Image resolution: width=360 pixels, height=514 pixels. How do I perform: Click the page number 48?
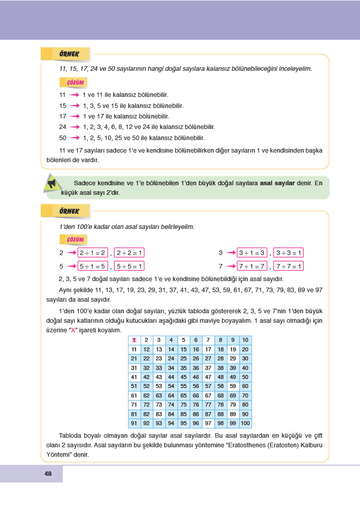48,473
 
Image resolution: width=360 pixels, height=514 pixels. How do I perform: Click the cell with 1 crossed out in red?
134,340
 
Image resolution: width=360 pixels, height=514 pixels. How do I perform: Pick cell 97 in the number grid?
208,423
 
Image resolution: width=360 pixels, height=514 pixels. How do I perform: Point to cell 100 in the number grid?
245,423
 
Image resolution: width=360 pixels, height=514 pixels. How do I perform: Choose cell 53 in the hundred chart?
159,386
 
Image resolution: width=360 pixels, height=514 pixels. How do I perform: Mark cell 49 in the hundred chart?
232,377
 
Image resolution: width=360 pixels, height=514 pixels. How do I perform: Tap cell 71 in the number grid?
134,405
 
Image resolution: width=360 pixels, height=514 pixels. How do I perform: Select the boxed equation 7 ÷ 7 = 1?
290,266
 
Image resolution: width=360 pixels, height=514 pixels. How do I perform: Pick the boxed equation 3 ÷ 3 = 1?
290,253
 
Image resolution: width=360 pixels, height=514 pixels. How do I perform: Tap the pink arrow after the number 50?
75,138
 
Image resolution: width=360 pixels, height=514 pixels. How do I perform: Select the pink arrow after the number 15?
75,106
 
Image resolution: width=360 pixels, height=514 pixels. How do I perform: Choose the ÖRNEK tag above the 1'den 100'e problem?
66,210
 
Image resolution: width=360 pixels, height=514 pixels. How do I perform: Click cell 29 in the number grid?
232,358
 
